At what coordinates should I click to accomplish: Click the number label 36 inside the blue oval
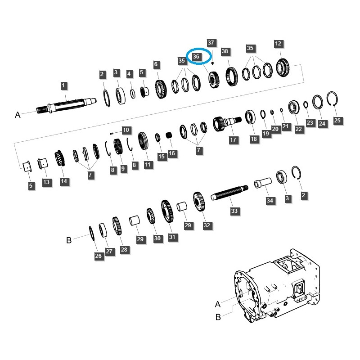click(196, 57)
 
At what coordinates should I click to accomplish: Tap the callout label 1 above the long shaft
click(63, 85)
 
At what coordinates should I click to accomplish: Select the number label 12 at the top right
click(278, 44)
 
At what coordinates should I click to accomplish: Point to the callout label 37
click(211, 43)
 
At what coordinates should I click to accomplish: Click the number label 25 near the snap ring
click(337, 120)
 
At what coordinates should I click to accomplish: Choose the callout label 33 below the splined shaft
click(234, 211)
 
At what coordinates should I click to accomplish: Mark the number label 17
click(233, 140)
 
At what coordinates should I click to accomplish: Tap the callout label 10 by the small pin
click(126, 130)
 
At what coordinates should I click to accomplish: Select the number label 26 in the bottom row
click(99, 256)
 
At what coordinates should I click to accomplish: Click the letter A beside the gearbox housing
click(218, 304)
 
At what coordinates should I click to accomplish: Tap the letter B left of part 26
click(69, 240)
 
